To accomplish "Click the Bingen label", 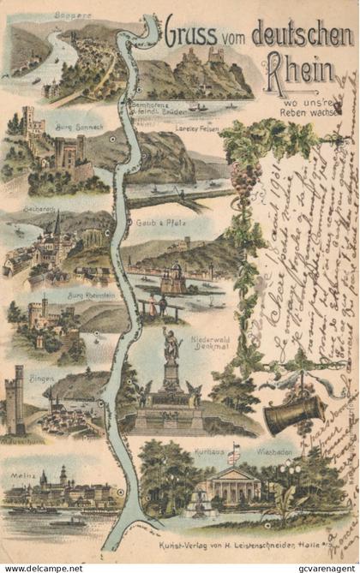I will pos(42,377).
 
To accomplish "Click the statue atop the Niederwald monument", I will pos(171,344).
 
